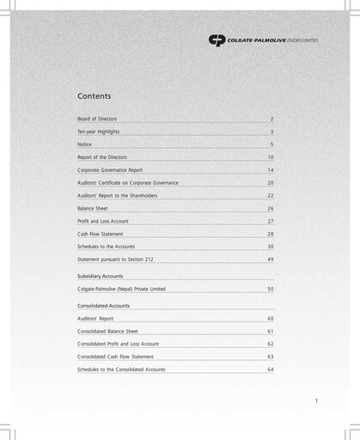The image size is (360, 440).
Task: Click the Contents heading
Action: pos(94,96)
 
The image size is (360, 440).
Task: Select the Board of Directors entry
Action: pos(97,119)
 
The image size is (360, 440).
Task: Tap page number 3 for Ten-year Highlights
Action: pos(272,131)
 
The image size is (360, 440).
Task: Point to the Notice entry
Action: pos(84,144)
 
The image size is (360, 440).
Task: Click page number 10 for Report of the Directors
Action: pos(270,157)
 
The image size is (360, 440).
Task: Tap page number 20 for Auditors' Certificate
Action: pos(270,183)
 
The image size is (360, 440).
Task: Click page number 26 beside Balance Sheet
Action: pos(270,209)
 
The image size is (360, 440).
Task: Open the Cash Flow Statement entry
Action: pos(100,234)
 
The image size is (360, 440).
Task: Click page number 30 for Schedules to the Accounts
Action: pos(270,247)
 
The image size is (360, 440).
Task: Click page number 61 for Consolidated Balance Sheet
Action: pos(270,331)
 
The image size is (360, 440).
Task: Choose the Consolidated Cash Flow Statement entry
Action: pos(115,356)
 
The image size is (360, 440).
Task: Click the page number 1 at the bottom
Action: pos(316,400)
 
